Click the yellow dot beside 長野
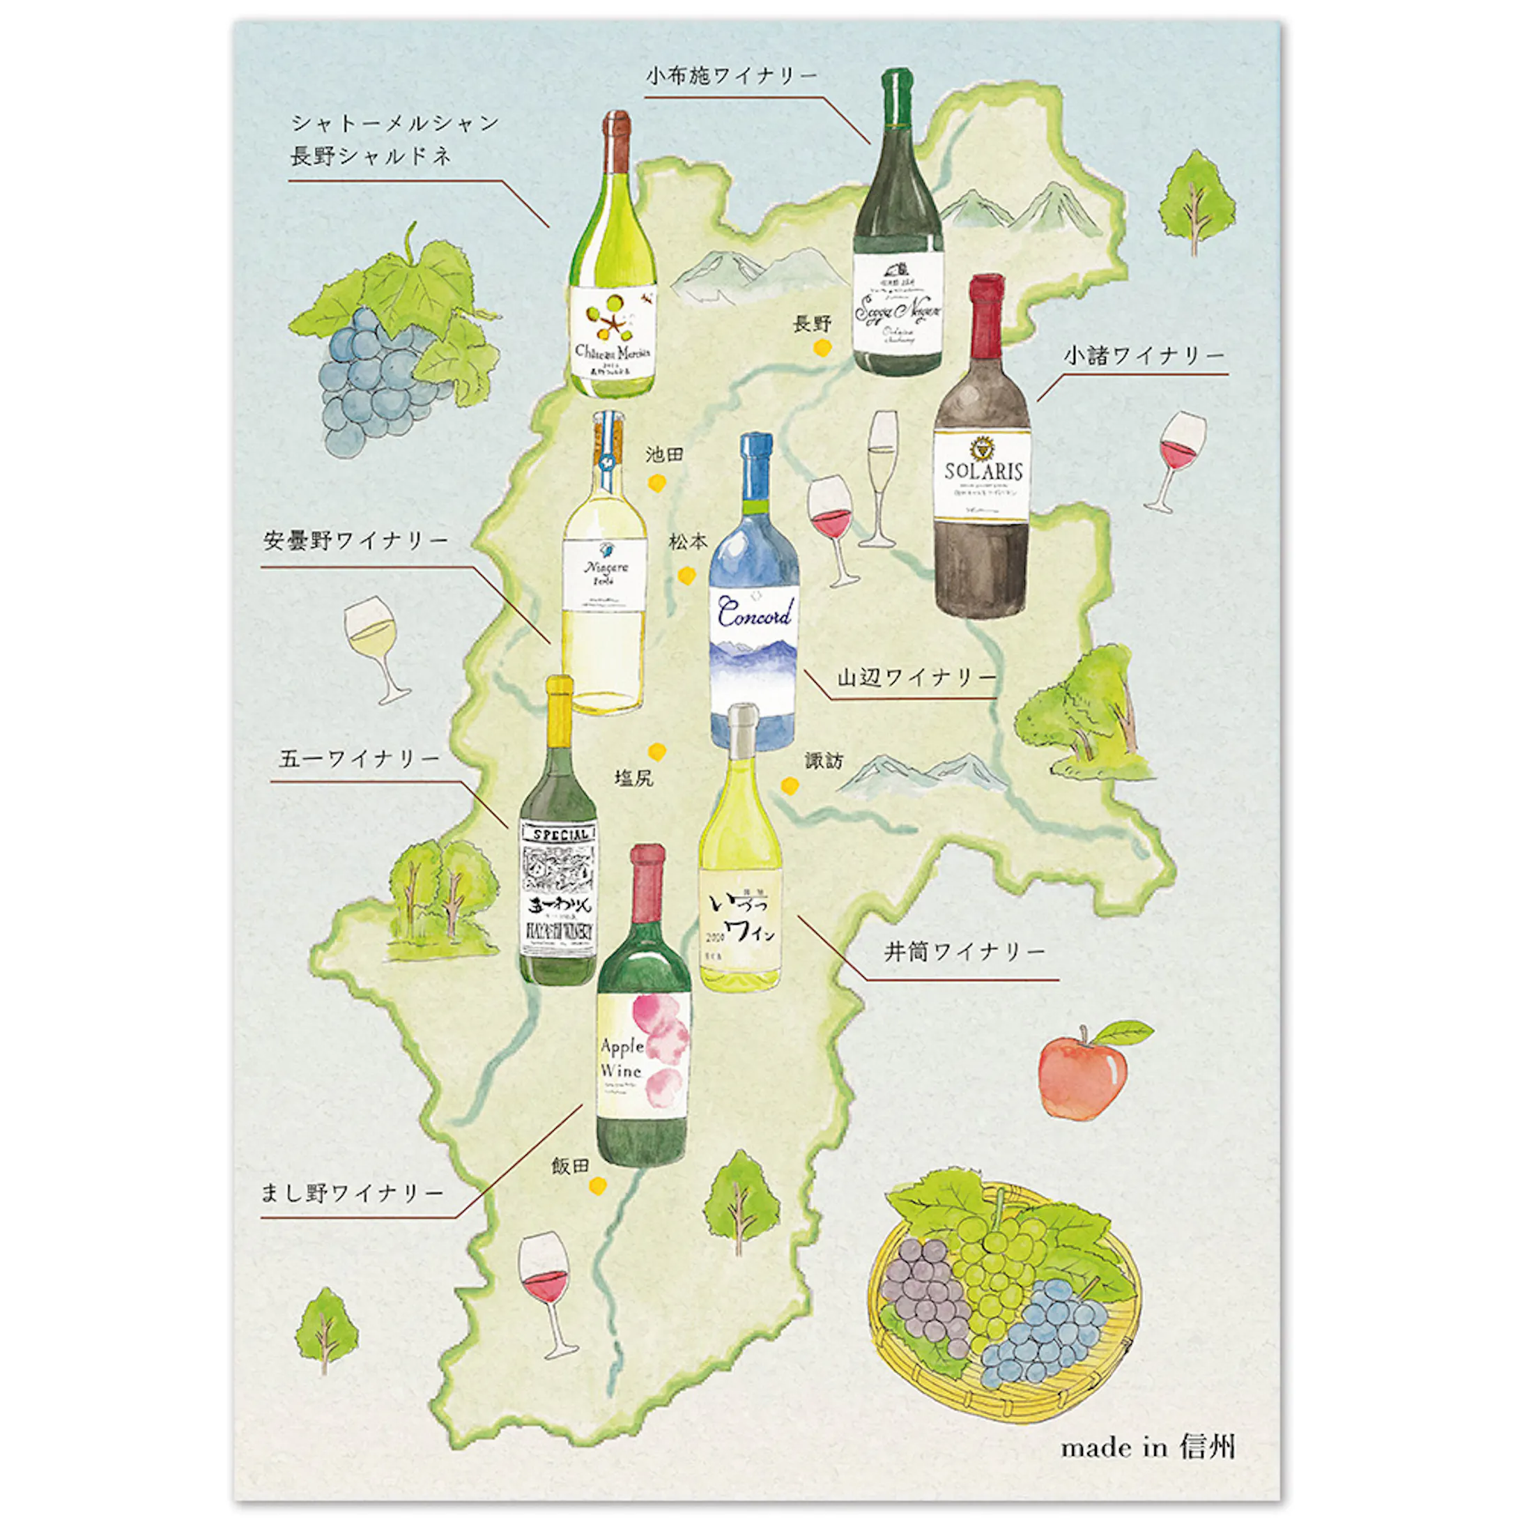coord(822,348)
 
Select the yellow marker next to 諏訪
coord(790,785)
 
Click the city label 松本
coord(688,542)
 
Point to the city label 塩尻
coord(634,778)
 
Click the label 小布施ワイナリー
coord(732,77)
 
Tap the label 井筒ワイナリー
coord(964,953)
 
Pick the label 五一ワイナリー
coord(359,759)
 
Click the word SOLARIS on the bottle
coord(983,471)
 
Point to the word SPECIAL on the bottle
coord(558,834)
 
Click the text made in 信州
coord(1147,1446)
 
